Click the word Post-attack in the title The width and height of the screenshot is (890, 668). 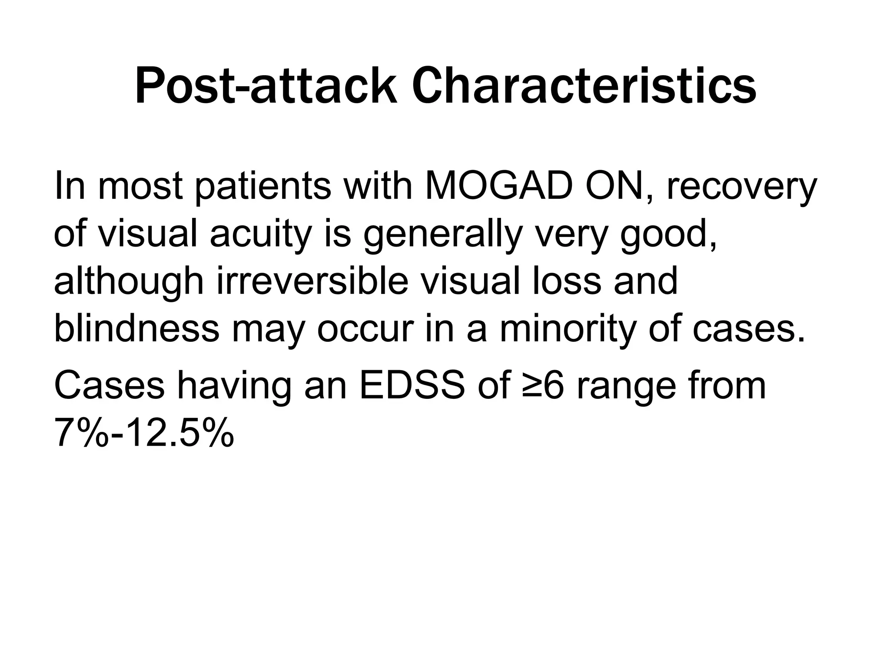[266, 87]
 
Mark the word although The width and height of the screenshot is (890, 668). [129, 281]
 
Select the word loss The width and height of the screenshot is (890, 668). [558, 281]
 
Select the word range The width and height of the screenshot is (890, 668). [626, 386]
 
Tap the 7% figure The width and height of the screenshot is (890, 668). [81, 433]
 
